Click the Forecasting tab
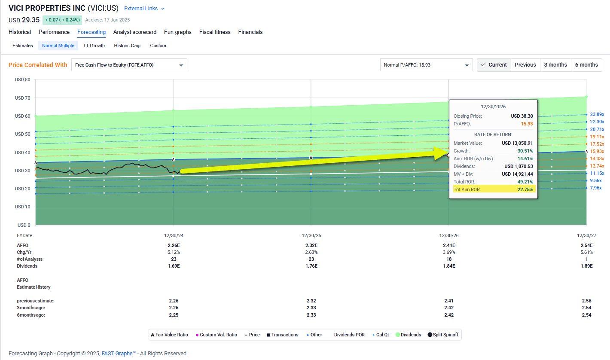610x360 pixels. click(x=91, y=32)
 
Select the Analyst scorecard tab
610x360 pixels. click(x=135, y=32)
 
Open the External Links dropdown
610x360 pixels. click(x=144, y=9)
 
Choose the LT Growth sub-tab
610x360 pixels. click(x=94, y=46)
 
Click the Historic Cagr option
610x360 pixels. click(x=127, y=46)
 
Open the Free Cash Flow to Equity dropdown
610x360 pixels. click(x=129, y=65)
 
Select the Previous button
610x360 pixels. click(x=525, y=65)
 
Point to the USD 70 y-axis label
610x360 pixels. click(x=22, y=98)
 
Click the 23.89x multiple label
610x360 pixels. click(x=597, y=114)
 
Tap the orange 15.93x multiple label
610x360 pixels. click(x=597, y=151)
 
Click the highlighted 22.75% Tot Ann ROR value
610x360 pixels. click(x=525, y=189)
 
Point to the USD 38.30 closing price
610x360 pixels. click(x=522, y=116)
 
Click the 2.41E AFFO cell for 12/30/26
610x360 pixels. click(x=449, y=245)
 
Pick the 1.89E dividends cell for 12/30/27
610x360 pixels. click(x=586, y=266)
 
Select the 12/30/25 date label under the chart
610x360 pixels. click(x=311, y=235)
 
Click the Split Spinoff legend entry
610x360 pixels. click(x=442, y=335)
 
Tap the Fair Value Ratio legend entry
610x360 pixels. click(x=169, y=335)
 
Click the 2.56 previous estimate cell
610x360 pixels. click(x=586, y=301)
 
